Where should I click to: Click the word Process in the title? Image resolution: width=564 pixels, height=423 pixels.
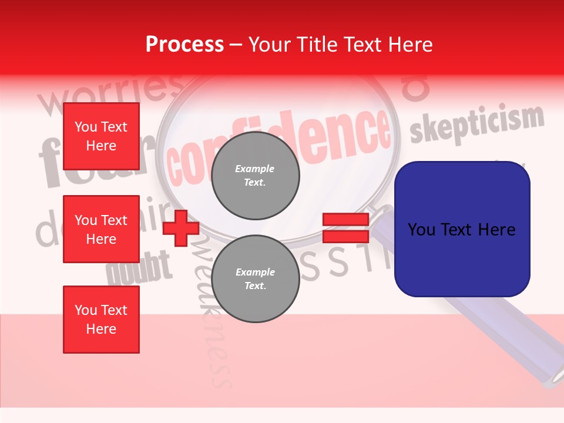(184, 44)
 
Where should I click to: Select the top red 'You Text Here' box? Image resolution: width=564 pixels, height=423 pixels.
(101, 136)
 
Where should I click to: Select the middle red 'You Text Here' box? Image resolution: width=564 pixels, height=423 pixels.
(101, 229)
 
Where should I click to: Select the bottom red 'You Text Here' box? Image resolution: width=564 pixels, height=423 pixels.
(101, 319)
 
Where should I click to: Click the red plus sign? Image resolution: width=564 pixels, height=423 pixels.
(181, 228)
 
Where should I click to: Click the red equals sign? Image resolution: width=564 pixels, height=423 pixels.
(345, 228)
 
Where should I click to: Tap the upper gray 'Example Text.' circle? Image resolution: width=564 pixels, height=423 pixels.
(255, 176)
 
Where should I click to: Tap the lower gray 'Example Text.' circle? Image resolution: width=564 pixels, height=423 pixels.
(255, 278)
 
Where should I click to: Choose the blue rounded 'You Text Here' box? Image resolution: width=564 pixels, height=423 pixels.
(462, 229)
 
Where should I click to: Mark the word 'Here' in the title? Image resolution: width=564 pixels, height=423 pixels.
(411, 44)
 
